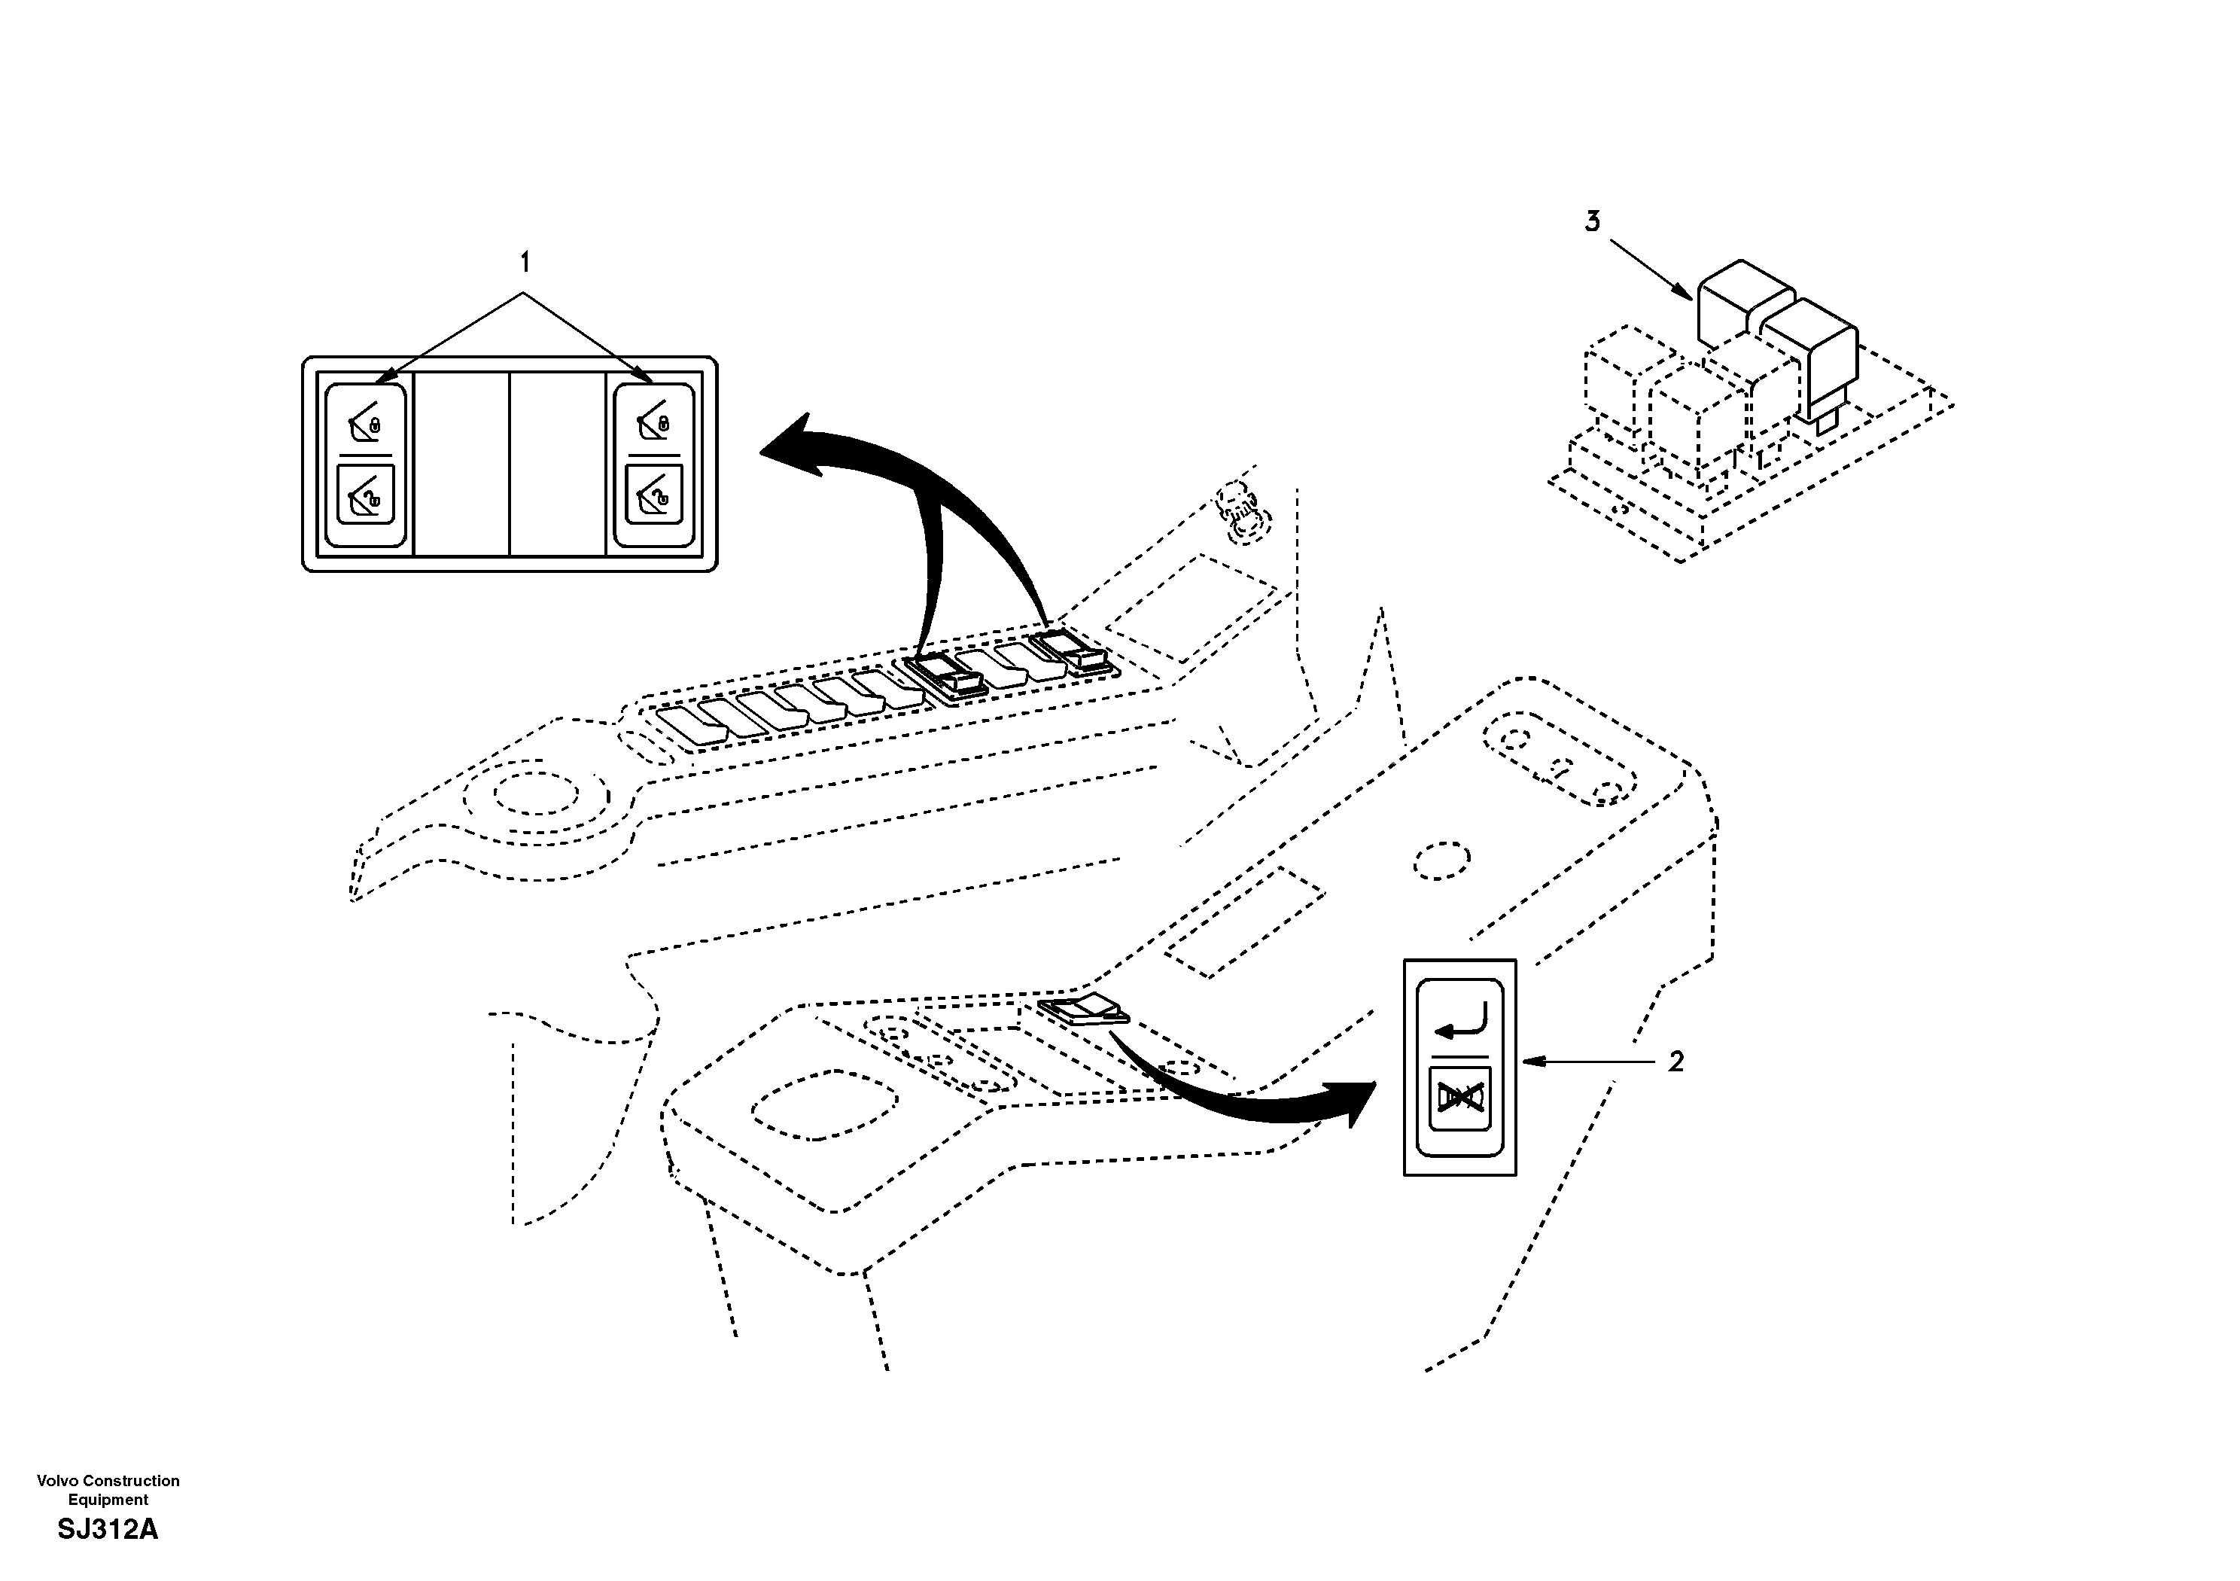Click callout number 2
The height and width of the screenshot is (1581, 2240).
pos(1675,1062)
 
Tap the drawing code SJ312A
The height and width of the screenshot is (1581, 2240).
pos(108,1529)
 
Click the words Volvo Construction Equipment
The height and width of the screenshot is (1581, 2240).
pos(108,1490)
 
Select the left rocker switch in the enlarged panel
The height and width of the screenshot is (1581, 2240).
pos(365,465)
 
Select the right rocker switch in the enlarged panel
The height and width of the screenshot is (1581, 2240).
pos(653,465)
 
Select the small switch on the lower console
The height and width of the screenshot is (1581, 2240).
pos(1083,1010)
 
